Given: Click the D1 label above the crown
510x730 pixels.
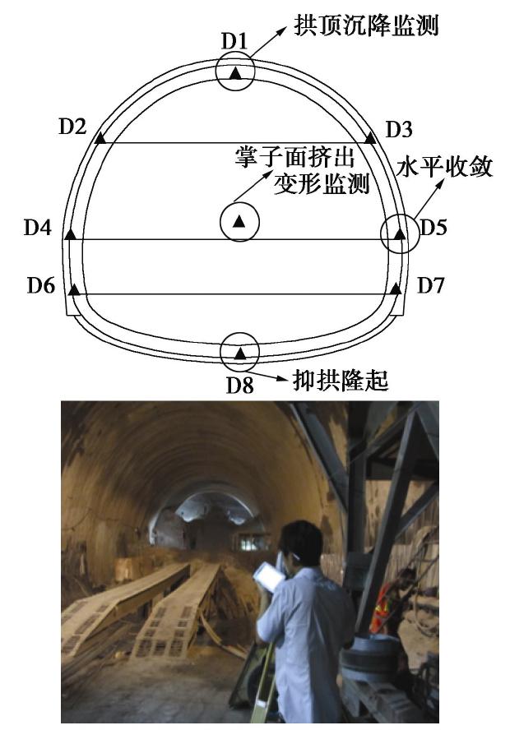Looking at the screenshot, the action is pyautogui.click(x=234, y=41).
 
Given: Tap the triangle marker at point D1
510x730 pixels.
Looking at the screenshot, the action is pyautogui.click(x=236, y=73).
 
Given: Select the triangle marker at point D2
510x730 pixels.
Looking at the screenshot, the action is pyautogui.click(x=100, y=138).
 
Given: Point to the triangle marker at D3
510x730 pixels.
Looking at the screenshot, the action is pyautogui.click(x=370, y=138).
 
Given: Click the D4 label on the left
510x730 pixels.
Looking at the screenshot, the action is pyautogui.click(x=38, y=228).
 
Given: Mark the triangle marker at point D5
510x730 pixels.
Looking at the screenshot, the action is pyautogui.click(x=399, y=234).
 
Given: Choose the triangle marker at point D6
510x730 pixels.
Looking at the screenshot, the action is pyautogui.click(x=73, y=289).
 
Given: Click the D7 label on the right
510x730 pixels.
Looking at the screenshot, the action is pyautogui.click(x=430, y=285).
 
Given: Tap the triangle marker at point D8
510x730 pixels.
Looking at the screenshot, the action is pyautogui.click(x=240, y=353).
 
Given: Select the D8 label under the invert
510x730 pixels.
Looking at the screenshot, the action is pyautogui.click(x=240, y=385).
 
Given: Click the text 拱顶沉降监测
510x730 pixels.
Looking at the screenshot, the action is pyautogui.click(x=366, y=25).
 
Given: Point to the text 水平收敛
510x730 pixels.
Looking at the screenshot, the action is pyautogui.click(x=445, y=167).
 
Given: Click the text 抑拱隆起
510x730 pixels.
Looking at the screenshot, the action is pyautogui.click(x=341, y=381).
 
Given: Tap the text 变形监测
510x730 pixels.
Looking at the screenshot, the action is pyautogui.click(x=322, y=183).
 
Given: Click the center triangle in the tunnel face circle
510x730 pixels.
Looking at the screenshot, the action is pyautogui.click(x=239, y=222).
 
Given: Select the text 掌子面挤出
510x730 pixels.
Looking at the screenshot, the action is pyautogui.click(x=294, y=157).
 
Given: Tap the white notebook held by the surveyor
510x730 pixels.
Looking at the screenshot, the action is pyautogui.click(x=269, y=577).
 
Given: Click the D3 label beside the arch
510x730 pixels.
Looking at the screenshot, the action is pyautogui.click(x=399, y=129).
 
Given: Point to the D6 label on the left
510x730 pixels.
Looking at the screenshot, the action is pyautogui.click(x=41, y=285).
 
